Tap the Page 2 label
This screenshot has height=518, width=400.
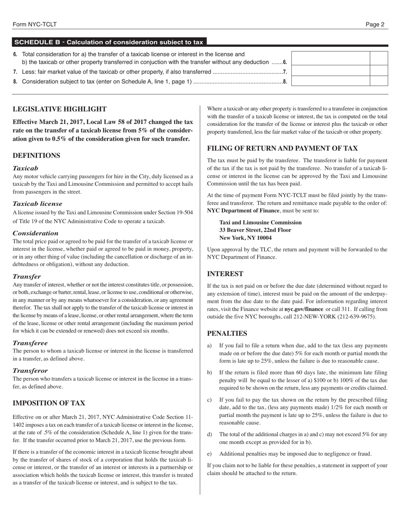pos(375,24)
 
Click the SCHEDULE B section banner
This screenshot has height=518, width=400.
pos(109,42)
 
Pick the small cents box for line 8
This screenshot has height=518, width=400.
pos(379,81)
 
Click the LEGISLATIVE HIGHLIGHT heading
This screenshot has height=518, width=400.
pos(59,109)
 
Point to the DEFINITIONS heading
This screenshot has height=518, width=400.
pos(37,156)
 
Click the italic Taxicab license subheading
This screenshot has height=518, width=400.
pos(37,203)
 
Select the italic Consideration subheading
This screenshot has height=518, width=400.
pos(35,233)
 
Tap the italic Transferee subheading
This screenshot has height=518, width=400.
pos(30,343)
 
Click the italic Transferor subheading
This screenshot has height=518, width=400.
pos(30,371)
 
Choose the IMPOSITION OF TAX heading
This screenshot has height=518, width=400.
pos(49,403)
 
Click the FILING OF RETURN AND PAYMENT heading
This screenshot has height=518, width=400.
pos(283,148)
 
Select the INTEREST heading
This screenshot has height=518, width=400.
pos(225,274)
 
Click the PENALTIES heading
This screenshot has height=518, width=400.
pos(227,334)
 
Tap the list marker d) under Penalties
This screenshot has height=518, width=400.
pos(210,434)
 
